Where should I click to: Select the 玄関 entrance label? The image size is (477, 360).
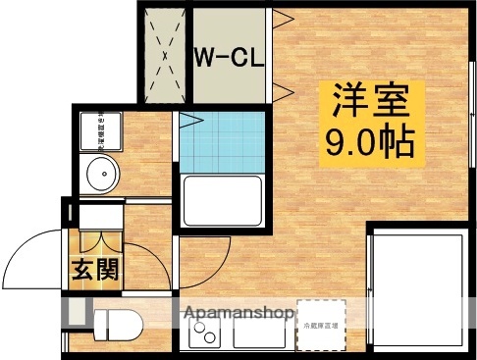[x=95, y=268]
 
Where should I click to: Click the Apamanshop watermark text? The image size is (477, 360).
[x=235, y=315]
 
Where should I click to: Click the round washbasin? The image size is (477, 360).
[x=101, y=175]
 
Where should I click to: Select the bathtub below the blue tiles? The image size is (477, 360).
[x=223, y=202]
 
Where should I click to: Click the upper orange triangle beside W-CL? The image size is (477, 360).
[x=278, y=17]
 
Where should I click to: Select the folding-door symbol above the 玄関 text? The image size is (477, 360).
[x=101, y=239]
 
